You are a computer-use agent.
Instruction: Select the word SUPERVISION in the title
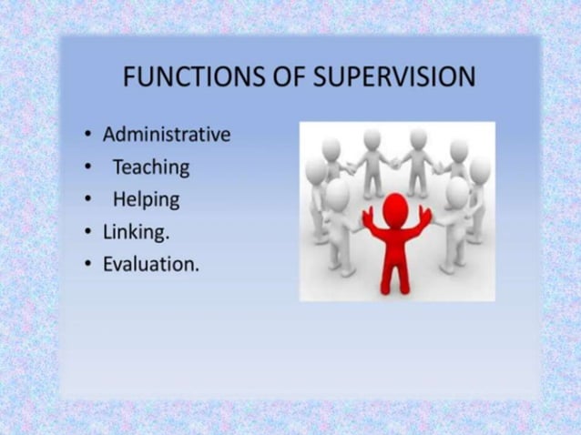(392, 77)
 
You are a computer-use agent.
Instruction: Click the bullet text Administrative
(167, 135)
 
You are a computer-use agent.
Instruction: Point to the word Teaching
(151, 167)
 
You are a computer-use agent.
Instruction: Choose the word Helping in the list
(146, 199)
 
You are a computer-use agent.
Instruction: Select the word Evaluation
(150, 265)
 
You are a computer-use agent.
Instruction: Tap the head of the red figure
(395, 206)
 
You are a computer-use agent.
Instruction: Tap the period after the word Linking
(168, 238)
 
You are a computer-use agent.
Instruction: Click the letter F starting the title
(129, 77)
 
